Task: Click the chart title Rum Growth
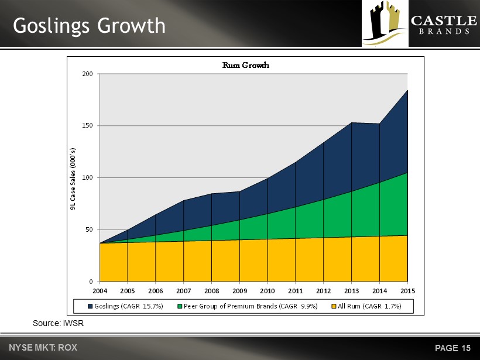[245, 65]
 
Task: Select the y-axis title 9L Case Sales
[73, 178]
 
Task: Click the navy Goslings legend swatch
[90, 306]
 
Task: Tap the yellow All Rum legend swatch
[334, 306]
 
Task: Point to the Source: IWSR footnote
[58, 323]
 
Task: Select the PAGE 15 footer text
[452, 348]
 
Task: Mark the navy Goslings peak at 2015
[407, 91]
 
